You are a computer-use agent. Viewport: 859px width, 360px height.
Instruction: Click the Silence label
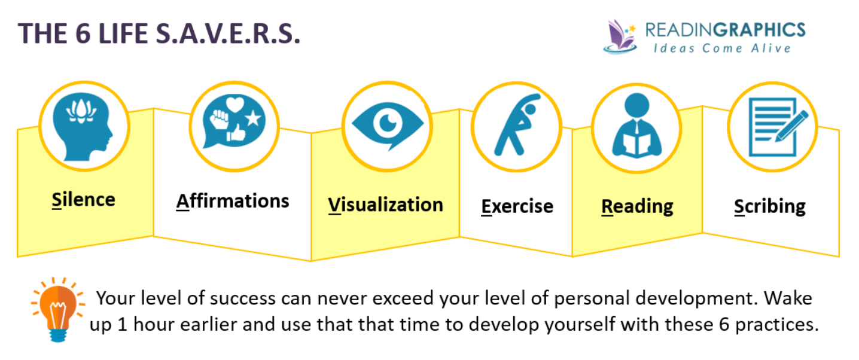[83, 199]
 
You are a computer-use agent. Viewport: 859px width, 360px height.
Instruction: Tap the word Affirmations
[233, 201]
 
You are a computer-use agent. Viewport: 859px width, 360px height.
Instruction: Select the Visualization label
[385, 205]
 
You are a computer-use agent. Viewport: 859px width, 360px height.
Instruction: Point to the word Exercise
[517, 206]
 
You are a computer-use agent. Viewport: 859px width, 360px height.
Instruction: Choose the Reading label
[637, 206]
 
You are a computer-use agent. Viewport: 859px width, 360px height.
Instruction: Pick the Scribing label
[770, 206]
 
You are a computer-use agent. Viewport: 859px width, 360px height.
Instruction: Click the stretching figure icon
[516, 125]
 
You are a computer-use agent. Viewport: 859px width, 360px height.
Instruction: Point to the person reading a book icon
[636, 128]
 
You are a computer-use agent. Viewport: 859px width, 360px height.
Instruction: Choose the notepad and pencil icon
[772, 126]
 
